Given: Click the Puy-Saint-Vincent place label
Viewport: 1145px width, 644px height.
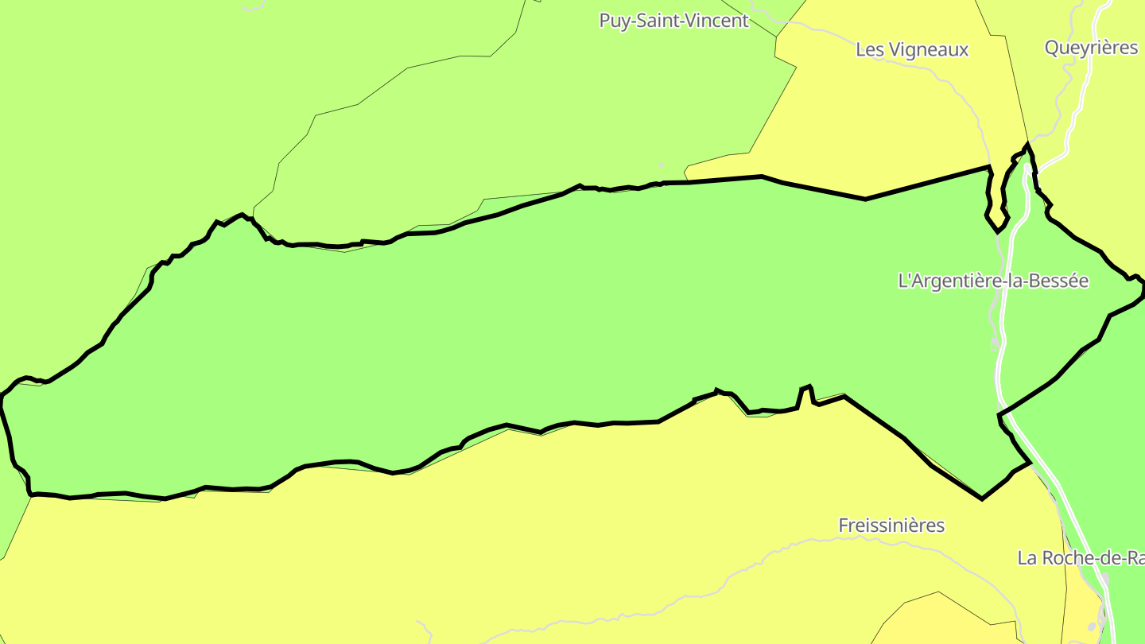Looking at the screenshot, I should [673, 21].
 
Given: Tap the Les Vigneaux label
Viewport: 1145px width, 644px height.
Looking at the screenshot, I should [912, 49].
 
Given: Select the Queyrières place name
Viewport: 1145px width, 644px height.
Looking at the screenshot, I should [1091, 48].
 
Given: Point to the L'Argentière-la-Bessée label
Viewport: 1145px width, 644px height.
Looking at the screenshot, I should [992, 281].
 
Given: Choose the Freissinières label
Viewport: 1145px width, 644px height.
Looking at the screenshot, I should [891, 526].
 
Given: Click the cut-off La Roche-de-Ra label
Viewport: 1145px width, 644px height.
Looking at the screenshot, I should [1081, 558].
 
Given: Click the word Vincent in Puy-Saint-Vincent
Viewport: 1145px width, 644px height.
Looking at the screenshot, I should [718, 21].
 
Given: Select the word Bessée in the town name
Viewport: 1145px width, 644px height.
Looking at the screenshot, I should [1059, 281].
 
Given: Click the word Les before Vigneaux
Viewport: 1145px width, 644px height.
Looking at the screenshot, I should [867, 49].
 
